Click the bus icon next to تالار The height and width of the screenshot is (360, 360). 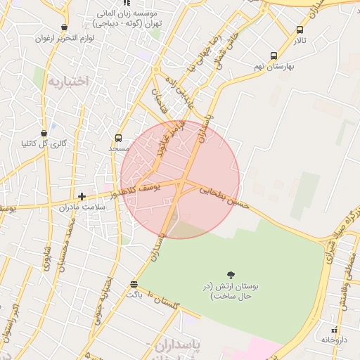[x=300, y=30]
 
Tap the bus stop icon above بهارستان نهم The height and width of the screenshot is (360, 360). [x=274, y=56]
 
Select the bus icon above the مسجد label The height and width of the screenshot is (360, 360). [x=118, y=138]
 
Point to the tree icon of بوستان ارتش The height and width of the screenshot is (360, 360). [x=231, y=274]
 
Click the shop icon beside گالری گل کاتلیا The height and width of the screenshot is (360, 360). [x=44, y=132]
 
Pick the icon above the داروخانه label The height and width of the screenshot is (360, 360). [x=335, y=329]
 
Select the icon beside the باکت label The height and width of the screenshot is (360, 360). [x=134, y=284]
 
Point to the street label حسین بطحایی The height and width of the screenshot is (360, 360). [x=225, y=197]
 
